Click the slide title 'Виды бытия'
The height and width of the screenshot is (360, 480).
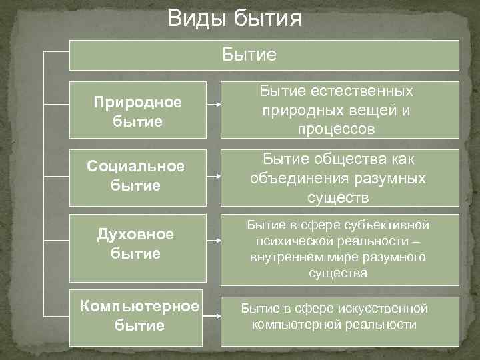[x=234, y=18]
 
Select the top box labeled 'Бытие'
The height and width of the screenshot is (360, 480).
[x=264, y=55]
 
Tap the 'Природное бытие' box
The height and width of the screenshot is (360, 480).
[x=137, y=112]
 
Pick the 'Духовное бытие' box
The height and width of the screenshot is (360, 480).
[x=137, y=244]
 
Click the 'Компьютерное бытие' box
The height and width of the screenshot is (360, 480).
[x=139, y=315]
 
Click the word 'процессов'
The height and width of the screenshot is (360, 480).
[x=337, y=129]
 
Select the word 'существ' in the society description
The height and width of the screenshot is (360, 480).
[x=337, y=197]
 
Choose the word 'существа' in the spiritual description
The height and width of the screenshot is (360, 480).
[x=337, y=273]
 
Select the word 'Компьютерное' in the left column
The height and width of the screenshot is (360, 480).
[x=139, y=306]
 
